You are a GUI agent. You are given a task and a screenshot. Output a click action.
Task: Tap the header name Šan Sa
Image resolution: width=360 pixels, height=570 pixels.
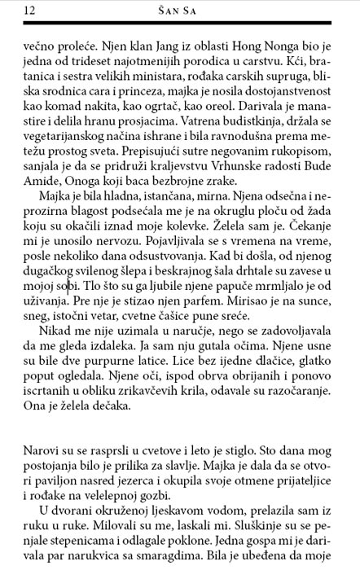pos(179,10)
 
